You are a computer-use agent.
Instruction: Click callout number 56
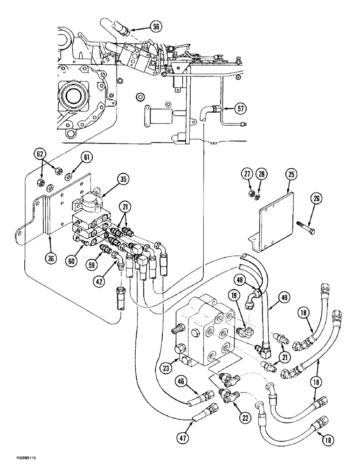pos(156,27)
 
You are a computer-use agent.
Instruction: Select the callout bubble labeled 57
pos(240,109)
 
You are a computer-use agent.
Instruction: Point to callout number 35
pos(123,179)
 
